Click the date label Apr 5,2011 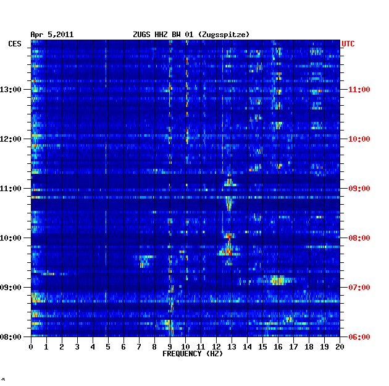pyautogui.click(x=52, y=35)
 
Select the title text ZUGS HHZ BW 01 pyautogui.click(x=163, y=35)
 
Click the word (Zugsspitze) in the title pyautogui.click(x=224, y=35)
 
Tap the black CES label pyautogui.click(x=15, y=44)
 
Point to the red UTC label pyautogui.click(x=348, y=44)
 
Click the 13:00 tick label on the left pyautogui.click(x=10, y=90)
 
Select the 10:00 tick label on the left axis pyautogui.click(x=10, y=238)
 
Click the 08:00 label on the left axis pyautogui.click(x=10, y=337)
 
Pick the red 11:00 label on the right pyautogui.click(x=359, y=90)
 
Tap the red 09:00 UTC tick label pyautogui.click(x=359, y=189)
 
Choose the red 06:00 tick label pyautogui.click(x=359, y=337)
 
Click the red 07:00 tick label pyautogui.click(x=359, y=288)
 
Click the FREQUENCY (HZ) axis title pyautogui.click(x=193, y=354)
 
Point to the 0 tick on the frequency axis pyautogui.click(x=31, y=347)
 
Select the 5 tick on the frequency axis pyautogui.click(x=108, y=347)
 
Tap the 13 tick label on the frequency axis pyautogui.click(x=232, y=347)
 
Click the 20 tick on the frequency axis pyautogui.click(x=340, y=347)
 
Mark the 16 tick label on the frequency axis pyautogui.click(x=278, y=347)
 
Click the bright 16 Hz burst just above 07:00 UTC pyautogui.click(x=277, y=280)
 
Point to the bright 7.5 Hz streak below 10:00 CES pyautogui.click(x=147, y=257)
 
